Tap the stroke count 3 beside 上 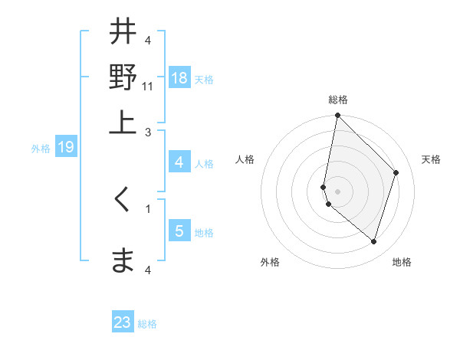148,132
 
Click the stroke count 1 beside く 148,208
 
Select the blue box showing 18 179,78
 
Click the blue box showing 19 66,147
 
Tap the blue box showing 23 123,322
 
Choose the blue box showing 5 179,231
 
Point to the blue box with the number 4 179,162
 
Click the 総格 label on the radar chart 337,100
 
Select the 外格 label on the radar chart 270,262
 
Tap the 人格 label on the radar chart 245,159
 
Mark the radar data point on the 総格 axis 337,116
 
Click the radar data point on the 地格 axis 373,241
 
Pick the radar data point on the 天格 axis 396,172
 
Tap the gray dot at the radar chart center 337,191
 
